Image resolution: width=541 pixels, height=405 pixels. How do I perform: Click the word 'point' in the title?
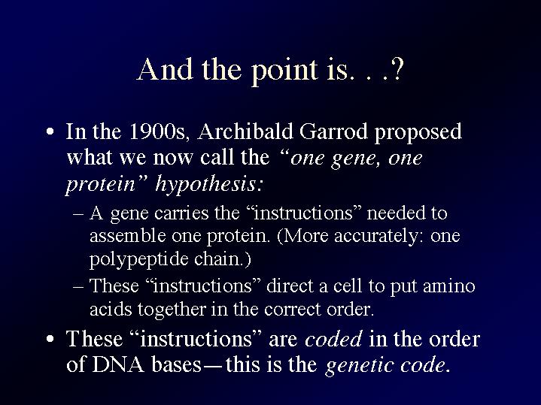point(284,71)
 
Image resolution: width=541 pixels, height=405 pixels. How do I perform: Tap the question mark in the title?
point(397,69)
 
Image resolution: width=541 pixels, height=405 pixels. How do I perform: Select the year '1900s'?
point(159,132)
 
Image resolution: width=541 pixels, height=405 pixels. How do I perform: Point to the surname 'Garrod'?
point(333,131)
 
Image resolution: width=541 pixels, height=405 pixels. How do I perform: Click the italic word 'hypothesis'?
point(205,185)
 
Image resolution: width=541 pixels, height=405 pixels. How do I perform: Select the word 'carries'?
point(181,213)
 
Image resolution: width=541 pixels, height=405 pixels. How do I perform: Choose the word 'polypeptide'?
point(138,260)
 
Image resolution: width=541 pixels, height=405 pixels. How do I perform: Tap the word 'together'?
point(172,310)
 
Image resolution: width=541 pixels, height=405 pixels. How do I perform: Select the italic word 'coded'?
point(333,339)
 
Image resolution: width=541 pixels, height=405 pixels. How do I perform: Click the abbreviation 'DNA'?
point(118,365)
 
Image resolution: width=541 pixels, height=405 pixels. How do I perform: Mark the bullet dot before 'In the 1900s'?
point(50,132)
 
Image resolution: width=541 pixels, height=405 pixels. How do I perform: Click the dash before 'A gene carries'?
point(78,214)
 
